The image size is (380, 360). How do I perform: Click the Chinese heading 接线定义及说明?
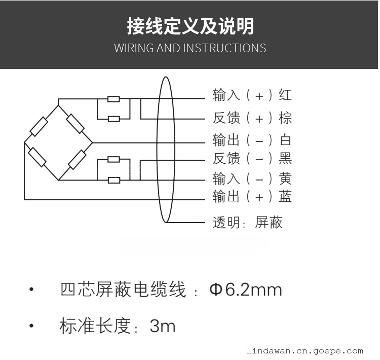[x=191, y=26]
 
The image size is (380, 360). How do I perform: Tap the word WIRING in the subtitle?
[x=134, y=48]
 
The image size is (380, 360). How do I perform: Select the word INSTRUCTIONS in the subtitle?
[x=224, y=48]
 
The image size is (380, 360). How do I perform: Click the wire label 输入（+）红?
[x=252, y=95]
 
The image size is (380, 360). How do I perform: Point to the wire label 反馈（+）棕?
[x=252, y=118]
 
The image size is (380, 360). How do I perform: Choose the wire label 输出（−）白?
[x=252, y=140]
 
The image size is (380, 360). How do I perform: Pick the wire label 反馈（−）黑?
[x=252, y=158]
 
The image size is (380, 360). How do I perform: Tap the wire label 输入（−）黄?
[x=252, y=178]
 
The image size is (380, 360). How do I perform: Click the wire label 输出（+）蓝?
[x=252, y=196]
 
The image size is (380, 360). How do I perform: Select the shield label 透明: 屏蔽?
[x=248, y=222]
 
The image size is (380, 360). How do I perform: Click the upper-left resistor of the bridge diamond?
[x=39, y=126]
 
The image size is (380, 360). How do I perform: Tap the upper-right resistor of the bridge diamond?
[x=75, y=124]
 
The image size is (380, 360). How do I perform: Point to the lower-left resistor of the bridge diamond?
[x=37, y=157]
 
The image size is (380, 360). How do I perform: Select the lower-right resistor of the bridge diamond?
[x=77, y=160]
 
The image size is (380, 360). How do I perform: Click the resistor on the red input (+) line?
[x=113, y=99]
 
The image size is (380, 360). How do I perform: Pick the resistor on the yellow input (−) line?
[x=113, y=180]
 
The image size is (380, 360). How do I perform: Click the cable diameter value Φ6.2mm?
[x=246, y=290]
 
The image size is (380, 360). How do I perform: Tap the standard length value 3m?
[x=163, y=326]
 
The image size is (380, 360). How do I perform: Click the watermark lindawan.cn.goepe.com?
[x=305, y=351]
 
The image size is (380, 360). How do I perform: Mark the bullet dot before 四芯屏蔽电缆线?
[x=31, y=289]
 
